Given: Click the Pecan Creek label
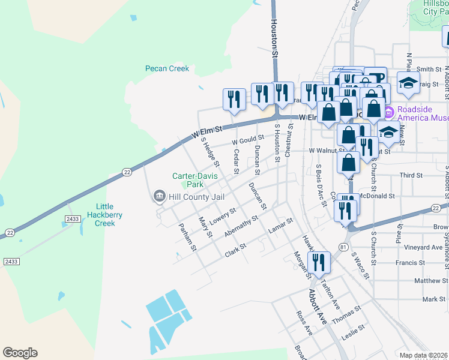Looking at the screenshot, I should click(x=167, y=68).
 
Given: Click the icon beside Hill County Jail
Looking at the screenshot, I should click(x=159, y=196).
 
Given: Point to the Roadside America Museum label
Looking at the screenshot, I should click(x=421, y=113).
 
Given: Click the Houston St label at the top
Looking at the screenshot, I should click(x=275, y=37).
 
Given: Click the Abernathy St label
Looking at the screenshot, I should click(x=241, y=226).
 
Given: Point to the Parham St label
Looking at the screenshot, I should click(x=188, y=237).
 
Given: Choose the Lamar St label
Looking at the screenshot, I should click(x=280, y=225).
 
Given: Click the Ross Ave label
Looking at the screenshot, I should click(x=304, y=323).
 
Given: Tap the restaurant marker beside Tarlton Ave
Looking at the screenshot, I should click(x=318, y=262).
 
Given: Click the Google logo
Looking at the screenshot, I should click(x=20, y=353).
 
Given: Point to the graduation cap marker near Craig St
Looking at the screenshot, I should click(x=409, y=83).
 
